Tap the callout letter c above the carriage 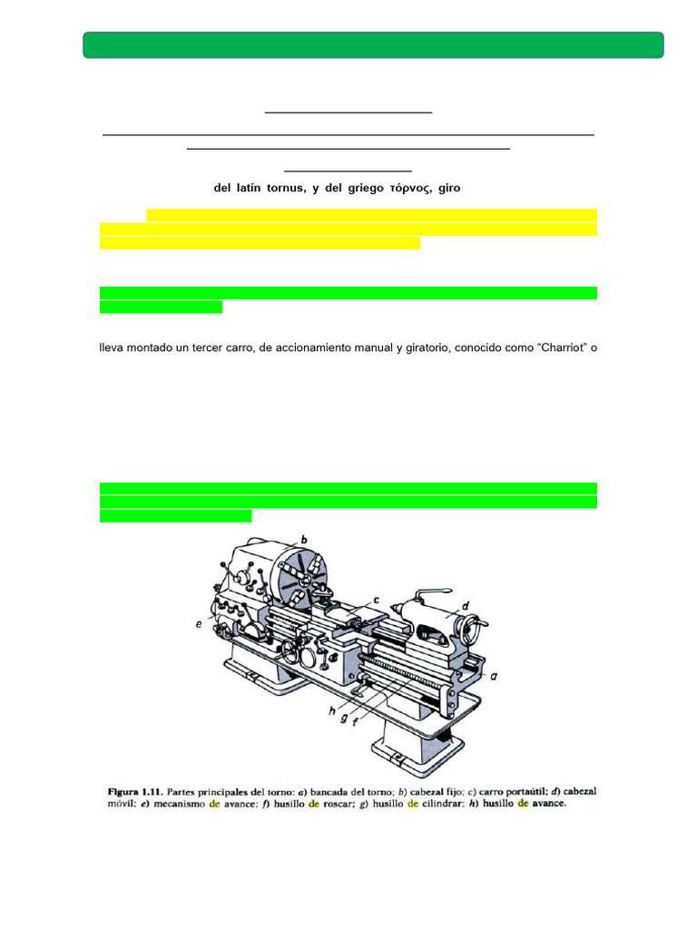374,600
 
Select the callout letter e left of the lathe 199,625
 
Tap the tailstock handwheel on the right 472,633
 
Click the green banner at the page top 373,45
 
